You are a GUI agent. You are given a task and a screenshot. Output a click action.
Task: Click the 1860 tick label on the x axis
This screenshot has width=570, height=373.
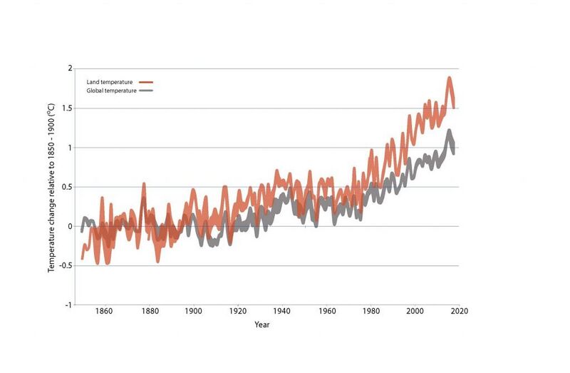tap(103, 311)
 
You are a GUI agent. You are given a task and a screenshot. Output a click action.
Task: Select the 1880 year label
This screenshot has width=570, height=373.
tap(150, 311)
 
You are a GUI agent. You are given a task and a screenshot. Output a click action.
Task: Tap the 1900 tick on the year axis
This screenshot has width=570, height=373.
tap(193, 311)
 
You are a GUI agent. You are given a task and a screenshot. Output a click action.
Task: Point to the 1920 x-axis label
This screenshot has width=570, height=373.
tap(238, 311)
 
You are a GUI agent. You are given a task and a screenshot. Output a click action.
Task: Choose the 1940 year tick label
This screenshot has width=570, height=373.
tap(281, 311)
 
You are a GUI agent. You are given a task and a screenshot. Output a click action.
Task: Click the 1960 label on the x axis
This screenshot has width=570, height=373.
tap(327, 311)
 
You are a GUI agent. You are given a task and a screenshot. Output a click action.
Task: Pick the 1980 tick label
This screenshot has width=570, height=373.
tap(371, 311)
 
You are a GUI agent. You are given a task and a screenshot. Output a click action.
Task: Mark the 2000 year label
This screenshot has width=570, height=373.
tap(415, 311)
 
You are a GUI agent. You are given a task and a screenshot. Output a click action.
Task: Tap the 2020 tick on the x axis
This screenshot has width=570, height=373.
tap(460, 311)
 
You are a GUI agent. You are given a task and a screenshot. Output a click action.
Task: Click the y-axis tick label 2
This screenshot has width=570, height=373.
tap(70, 68)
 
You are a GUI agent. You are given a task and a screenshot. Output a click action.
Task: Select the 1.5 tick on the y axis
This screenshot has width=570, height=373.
tap(68, 108)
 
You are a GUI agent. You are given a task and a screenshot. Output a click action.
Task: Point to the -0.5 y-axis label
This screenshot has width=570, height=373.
tap(66, 265)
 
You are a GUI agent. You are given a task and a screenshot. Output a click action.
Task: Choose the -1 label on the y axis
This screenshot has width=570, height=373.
tap(68, 305)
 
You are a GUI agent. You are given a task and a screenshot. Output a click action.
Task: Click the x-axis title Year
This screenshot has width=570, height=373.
tap(262, 325)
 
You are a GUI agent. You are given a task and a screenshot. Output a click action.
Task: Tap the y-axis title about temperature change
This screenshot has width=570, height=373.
tap(51, 188)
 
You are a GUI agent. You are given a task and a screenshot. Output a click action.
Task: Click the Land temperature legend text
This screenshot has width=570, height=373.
tap(110, 82)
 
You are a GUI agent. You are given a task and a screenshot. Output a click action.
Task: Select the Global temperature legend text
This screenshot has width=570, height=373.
tap(111, 91)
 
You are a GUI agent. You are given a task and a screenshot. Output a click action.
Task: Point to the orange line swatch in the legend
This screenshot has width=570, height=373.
tap(146, 82)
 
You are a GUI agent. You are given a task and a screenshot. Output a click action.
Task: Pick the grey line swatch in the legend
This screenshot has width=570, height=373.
tap(146, 91)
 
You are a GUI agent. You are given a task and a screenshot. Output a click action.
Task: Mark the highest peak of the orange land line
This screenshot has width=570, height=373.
tap(450, 78)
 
